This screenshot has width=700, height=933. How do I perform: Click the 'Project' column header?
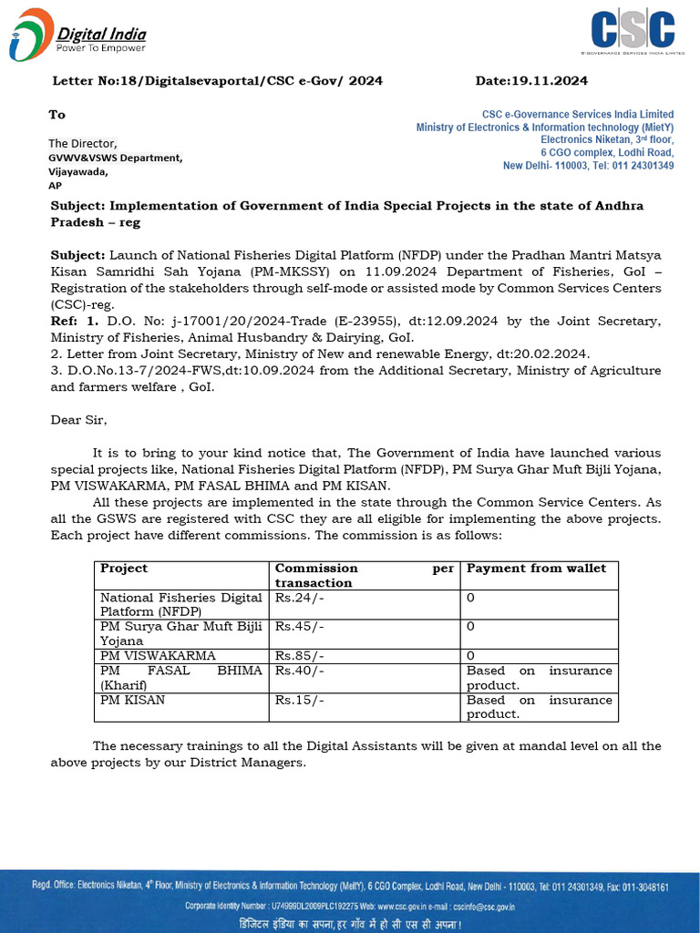click(124, 569)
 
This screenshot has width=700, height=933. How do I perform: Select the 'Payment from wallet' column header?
click(536, 569)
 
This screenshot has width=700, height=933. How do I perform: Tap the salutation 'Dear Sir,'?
click(78, 420)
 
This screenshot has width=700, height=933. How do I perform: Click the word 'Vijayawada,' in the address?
click(78, 171)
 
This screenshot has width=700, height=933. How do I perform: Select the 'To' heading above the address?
click(57, 115)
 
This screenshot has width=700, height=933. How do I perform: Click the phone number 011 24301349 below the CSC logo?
click(643, 166)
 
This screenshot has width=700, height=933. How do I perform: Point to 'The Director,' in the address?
click(83, 143)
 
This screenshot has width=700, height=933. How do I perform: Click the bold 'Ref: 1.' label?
click(73, 321)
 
